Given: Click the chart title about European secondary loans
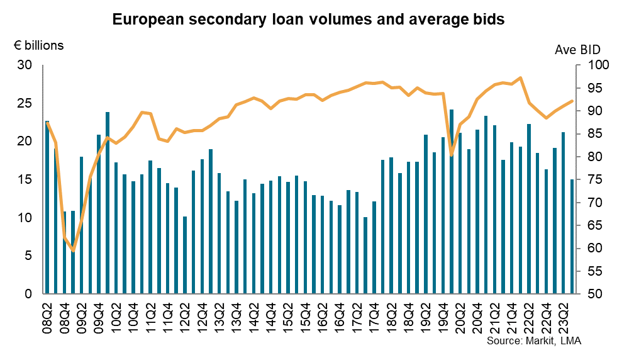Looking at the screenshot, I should click(308, 20).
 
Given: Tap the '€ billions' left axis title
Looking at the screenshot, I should click(38, 45).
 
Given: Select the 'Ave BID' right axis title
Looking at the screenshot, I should click(577, 50).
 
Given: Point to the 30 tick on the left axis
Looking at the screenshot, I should click(25, 65).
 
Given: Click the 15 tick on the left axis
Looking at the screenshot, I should click(25, 179).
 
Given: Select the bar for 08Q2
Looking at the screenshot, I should click(47, 208).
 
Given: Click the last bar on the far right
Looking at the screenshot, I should click(572, 237).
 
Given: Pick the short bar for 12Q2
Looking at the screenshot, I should click(185, 255).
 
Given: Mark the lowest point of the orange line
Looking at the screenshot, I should click(73, 250).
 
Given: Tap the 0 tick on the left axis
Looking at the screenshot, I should click(28, 294).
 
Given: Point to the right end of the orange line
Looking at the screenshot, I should click(572, 101).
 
